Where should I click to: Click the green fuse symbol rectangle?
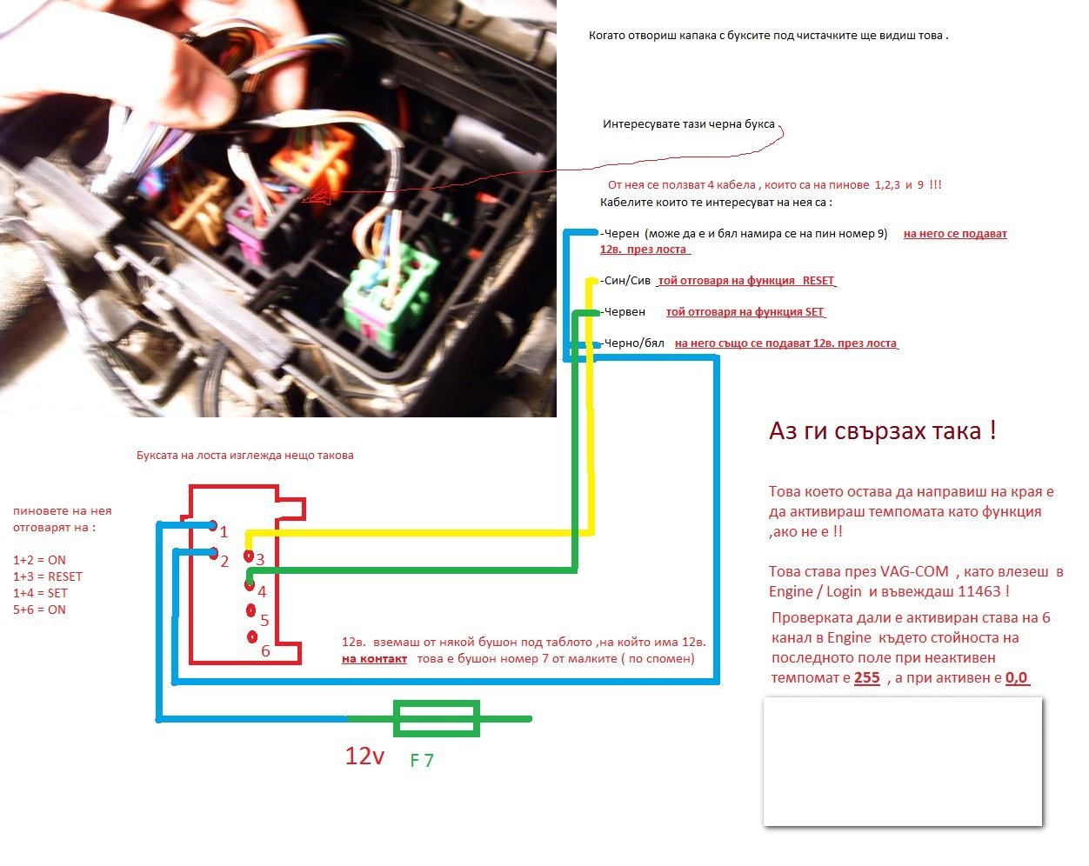tap(437, 719)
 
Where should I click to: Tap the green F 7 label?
tap(422, 761)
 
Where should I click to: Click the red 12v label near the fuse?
tap(364, 756)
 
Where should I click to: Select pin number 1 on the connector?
tap(214, 525)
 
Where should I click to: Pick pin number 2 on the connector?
tap(214, 553)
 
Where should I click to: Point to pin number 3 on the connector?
tap(249, 556)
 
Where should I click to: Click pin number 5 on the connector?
tap(251, 611)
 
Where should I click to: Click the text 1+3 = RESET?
tap(48, 576)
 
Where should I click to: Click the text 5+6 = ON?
tap(39, 610)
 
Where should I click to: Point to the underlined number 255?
tap(867, 677)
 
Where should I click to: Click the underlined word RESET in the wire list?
tap(818, 281)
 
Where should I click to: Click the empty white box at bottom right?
tap(902, 761)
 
